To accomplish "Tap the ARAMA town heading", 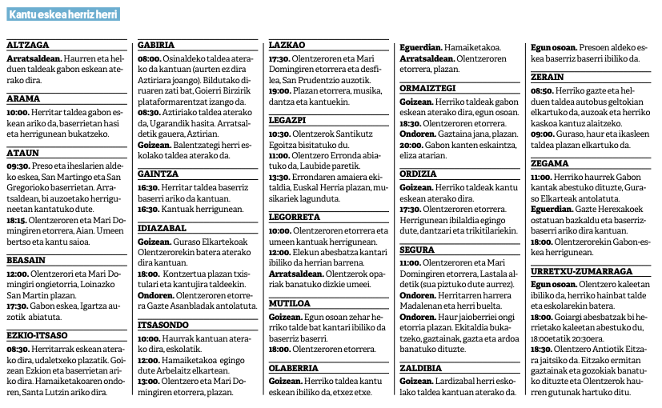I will click(23, 98).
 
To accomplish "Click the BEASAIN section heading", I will click(26, 260).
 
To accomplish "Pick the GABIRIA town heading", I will click(156, 46).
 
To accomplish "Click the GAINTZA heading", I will click(158, 172).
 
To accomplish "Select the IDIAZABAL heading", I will click(162, 228).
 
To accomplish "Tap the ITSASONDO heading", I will click(163, 324).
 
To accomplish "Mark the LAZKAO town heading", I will click(287, 46).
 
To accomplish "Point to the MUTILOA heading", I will click(289, 304).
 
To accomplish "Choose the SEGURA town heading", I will click(418, 250).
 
